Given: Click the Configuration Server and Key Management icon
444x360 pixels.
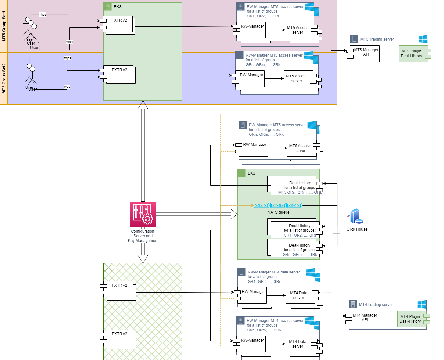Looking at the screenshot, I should pyautogui.click(x=143, y=214).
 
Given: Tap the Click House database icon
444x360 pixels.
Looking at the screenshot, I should pyautogui.click(x=356, y=216).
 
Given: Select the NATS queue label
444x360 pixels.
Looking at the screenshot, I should pyautogui.click(x=278, y=212).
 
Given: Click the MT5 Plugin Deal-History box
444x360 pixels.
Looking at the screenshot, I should pyautogui.click(x=412, y=54).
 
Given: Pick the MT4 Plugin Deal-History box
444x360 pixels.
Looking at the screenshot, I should pyautogui.click(x=410, y=319).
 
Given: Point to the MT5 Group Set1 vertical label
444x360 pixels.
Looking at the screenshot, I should pyautogui.click(x=4, y=26).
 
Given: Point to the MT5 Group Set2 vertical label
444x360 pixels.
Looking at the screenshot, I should pyautogui.click(x=4, y=78).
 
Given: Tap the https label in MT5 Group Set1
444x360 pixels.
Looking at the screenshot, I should pyautogui.click(x=42, y=14).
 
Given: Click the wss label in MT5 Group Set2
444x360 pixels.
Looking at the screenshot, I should pyautogui.click(x=67, y=87).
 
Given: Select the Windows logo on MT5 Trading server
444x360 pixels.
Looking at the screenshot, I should pyautogui.click(x=423, y=39).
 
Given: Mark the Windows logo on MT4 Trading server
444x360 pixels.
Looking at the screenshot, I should pyautogui.click(x=422, y=305).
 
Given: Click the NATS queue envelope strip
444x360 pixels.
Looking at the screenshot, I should pyautogui.click(x=278, y=205).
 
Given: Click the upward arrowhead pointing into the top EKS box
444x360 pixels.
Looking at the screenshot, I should pyautogui.click(x=143, y=105).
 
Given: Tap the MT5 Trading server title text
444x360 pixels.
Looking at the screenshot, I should pyautogui.click(x=377, y=39).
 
